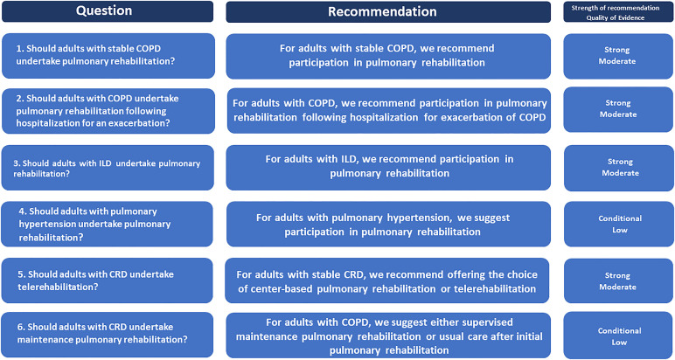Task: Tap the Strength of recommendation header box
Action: point(619,11)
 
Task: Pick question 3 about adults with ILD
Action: point(108,168)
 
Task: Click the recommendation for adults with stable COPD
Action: point(388,56)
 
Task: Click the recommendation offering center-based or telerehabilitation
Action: point(387,280)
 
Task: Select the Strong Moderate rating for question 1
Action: point(619,56)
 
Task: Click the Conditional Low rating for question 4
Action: point(619,224)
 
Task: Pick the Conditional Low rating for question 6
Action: point(619,336)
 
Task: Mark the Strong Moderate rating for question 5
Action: point(619,280)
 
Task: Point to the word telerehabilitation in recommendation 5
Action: point(495,289)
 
